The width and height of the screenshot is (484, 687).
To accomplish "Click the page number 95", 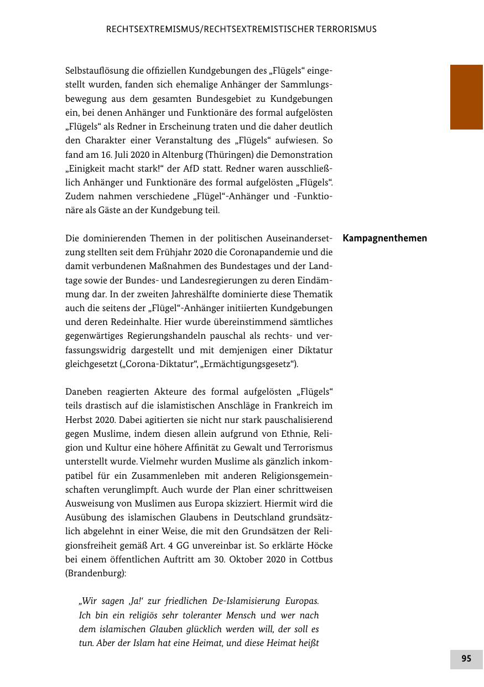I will coord(466,659).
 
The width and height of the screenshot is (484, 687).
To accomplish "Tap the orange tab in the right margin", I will coord(466,97).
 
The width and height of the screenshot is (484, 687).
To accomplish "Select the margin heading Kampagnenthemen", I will coord(385,239).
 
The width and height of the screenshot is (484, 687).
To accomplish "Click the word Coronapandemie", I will coord(225,252).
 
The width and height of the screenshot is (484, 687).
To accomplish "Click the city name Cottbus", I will coord(317,559).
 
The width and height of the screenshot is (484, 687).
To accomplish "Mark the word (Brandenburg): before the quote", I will coord(96,573).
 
